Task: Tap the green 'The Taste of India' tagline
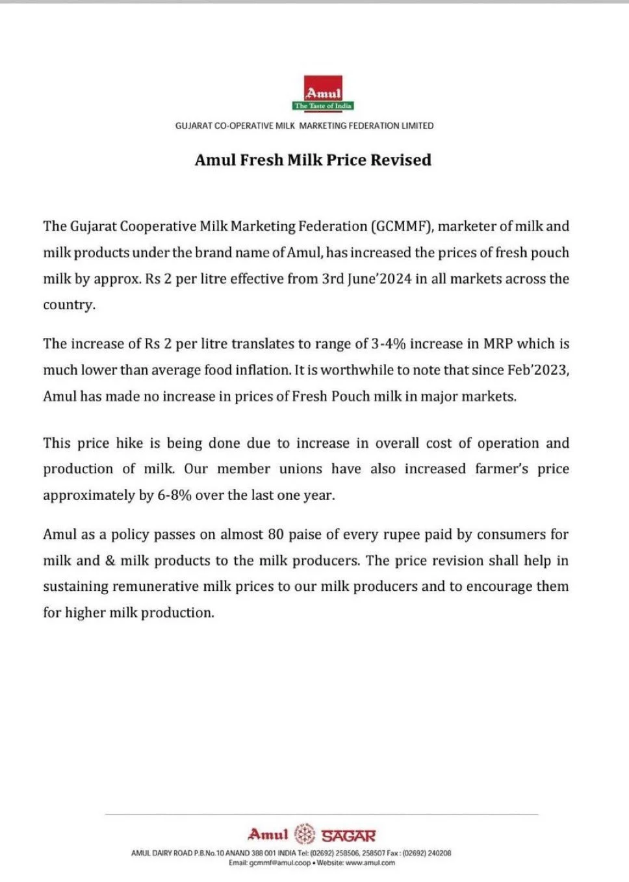[323, 106]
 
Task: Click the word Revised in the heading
[401, 160]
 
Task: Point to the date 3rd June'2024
[366, 279]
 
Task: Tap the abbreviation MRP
[498, 344]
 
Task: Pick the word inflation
[263, 370]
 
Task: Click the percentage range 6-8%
[174, 495]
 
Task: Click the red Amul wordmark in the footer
[268, 834]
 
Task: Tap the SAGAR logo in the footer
[348, 835]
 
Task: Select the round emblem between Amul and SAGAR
[305, 834]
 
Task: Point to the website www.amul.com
[370, 863]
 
